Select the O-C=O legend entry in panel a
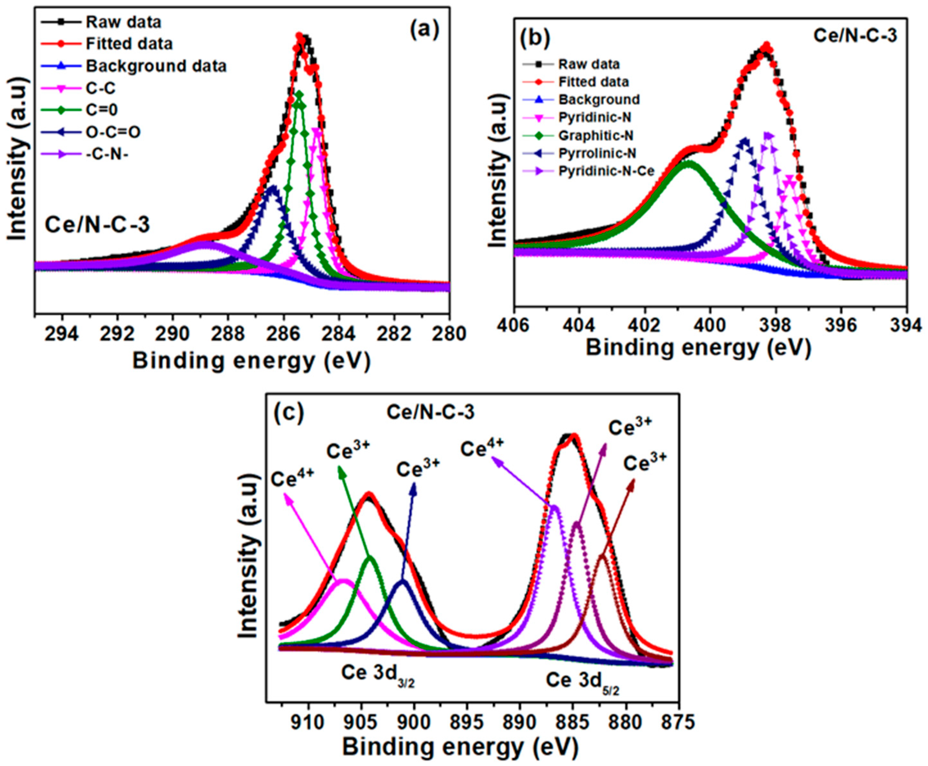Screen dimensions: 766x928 pos(113,132)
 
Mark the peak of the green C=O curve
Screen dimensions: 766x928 pos(299,93)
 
